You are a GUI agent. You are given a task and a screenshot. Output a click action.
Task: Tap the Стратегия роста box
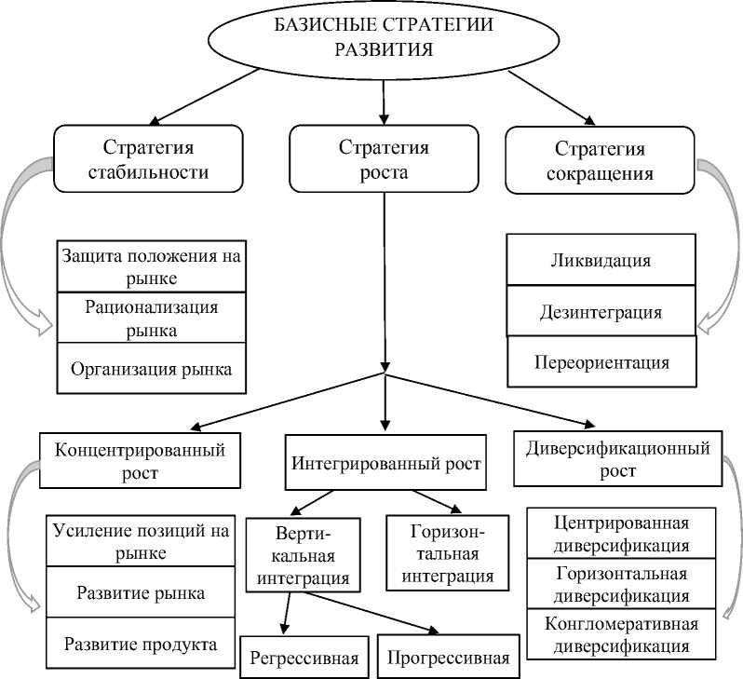coord(384,160)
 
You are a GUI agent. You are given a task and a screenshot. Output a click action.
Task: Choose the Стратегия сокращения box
coord(601,160)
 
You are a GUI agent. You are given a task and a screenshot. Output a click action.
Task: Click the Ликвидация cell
coord(601,260)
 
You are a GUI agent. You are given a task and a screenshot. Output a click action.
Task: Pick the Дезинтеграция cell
coord(601,311)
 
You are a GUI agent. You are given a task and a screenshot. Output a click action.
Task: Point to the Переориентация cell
coord(601,361)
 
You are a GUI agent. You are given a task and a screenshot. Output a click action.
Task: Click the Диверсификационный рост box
coord(618,459)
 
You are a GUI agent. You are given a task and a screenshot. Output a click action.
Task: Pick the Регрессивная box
coord(304,658)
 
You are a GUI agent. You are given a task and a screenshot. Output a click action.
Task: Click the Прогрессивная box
coord(449,658)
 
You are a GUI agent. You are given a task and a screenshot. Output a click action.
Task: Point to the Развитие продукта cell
coord(141,644)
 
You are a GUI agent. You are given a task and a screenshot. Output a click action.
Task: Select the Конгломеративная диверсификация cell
coord(621,633)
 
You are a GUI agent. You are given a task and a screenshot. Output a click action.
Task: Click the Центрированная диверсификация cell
coord(621,533)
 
